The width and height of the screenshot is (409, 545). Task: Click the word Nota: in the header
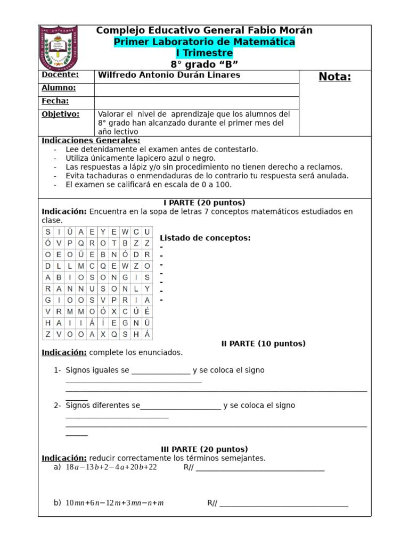[x=335, y=77]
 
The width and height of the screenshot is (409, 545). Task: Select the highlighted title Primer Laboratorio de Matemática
[x=204, y=42]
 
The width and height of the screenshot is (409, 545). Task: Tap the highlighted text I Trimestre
[x=204, y=53]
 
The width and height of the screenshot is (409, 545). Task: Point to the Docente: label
[x=60, y=75]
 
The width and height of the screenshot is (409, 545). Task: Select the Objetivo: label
[x=60, y=114]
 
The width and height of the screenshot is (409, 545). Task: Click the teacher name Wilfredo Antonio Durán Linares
[x=169, y=75]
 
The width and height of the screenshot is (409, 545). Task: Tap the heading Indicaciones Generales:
[x=91, y=141]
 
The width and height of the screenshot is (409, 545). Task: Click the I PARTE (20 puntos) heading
[x=204, y=203]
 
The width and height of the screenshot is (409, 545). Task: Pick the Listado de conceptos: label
[x=205, y=238]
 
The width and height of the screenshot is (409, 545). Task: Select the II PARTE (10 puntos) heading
[x=263, y=344]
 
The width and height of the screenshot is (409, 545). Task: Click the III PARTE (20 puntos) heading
[x=204, y=449]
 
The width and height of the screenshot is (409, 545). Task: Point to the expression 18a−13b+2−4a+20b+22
[x=111, y=467]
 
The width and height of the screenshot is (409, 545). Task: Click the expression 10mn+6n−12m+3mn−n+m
[x=114, y=503]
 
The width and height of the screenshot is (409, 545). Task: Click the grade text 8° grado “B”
[x=204, y=64]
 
